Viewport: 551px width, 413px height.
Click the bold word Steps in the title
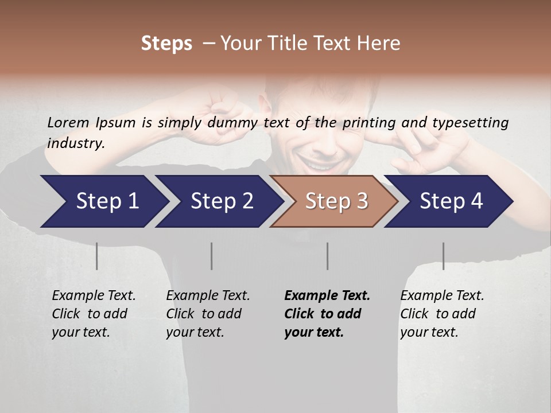point(166,44)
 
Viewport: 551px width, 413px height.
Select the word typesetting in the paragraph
point(476,122)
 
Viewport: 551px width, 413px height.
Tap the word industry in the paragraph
point(75,143)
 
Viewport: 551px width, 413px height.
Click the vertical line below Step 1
point(97,256)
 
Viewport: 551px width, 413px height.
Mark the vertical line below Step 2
point(212,256)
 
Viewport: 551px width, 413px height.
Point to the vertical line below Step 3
point(327,256)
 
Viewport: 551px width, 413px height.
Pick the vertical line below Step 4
point(443,256)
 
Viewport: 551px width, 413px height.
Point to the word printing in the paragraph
point(370,122)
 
